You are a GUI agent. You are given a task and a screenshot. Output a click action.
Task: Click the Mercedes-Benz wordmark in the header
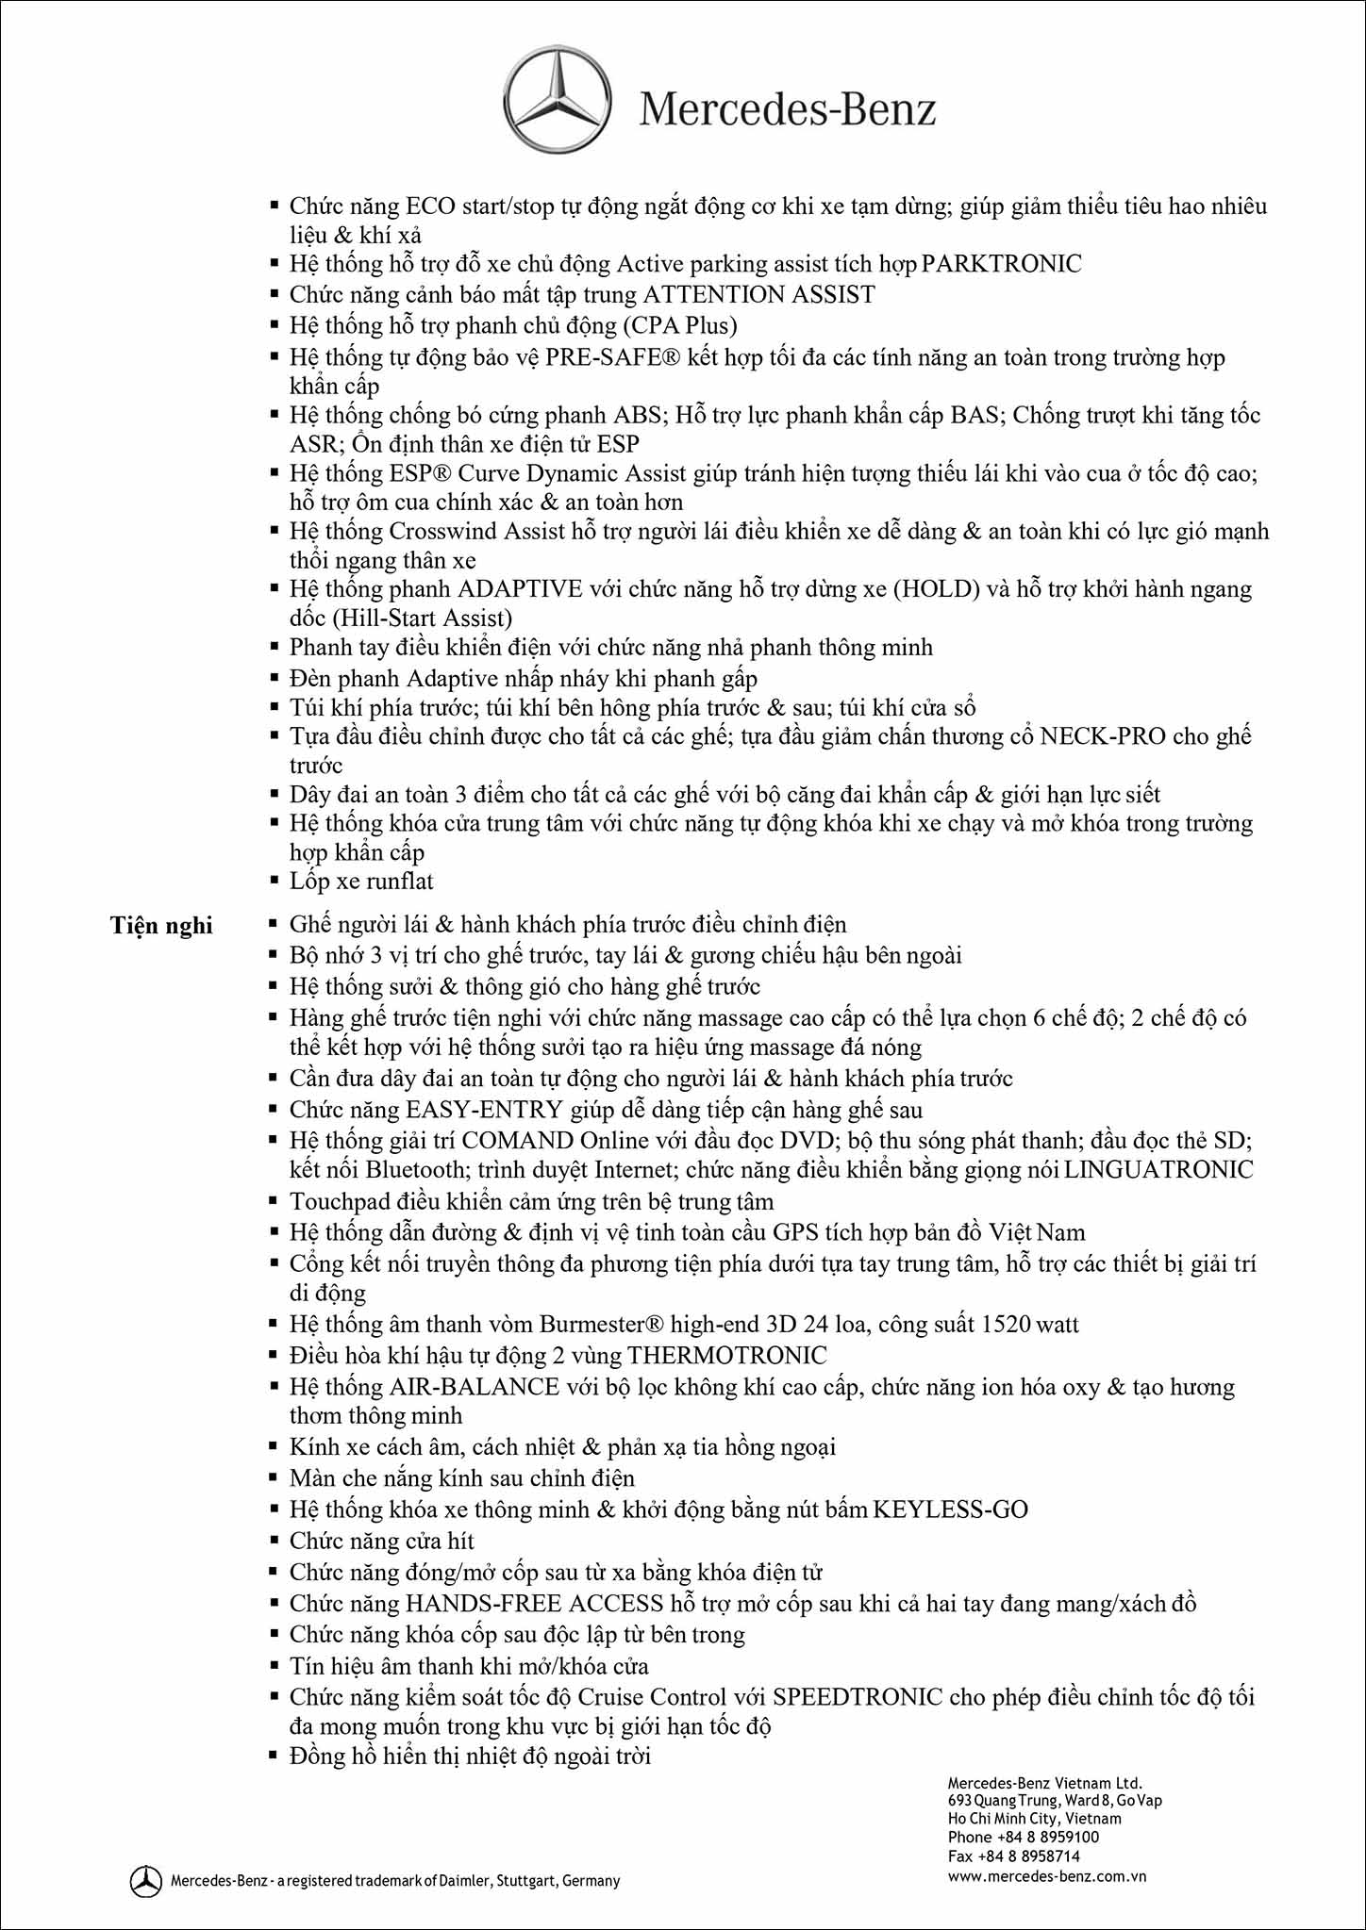(x=788, y=109)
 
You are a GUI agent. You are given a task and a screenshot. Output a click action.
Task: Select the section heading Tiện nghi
(x=161, y=925)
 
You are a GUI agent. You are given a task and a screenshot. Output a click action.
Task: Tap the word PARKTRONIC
(x=1001, y=264)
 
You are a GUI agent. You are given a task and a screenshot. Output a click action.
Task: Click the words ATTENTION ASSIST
(x=758, y=295)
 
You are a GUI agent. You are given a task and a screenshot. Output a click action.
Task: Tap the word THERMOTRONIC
(x=726, y=1356)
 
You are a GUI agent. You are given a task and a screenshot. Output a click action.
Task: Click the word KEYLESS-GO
(x=950, y=1509)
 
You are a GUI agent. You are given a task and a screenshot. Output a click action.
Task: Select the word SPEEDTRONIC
(x=858, y=1697)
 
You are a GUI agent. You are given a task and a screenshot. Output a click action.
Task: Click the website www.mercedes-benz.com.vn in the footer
(x=1047, y=1876)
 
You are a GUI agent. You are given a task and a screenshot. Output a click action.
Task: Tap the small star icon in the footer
(x=146, y=1880)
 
